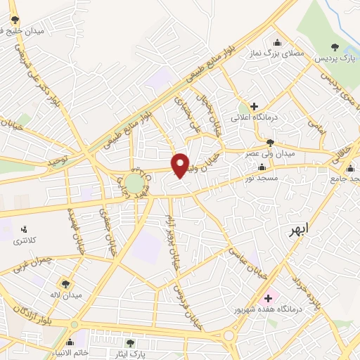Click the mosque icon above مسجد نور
coord(262,167)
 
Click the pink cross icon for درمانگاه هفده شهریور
coord(268,298)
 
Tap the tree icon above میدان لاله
coord(65,283)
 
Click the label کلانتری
coord(27,241)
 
